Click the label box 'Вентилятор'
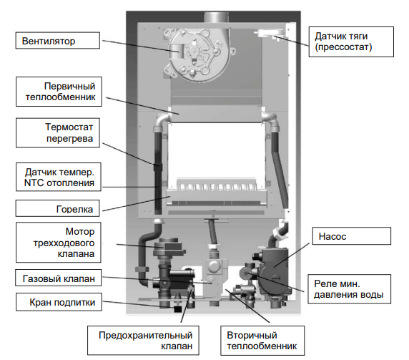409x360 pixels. click(58, 41)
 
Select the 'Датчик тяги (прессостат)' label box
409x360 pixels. click(351, 42)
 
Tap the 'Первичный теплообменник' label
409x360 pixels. click(59, 92)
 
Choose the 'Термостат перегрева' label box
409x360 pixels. click(58, 133)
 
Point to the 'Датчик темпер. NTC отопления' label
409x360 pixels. click(59, 177)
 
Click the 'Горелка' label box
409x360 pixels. click(58, 208)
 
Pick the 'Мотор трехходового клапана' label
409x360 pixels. click(59, 243)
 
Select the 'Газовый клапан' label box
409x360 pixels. click(59, 278)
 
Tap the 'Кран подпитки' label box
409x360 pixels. click(59, 302)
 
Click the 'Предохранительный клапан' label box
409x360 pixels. click(143, 341)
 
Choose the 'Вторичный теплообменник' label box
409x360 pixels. click(262, 341)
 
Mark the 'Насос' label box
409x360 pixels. click(352, 236)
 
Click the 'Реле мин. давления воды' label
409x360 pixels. click(349, 289)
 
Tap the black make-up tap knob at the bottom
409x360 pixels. click(177, 309)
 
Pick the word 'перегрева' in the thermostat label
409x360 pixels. click(69, 139)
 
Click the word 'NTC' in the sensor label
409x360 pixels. click(34, 183)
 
